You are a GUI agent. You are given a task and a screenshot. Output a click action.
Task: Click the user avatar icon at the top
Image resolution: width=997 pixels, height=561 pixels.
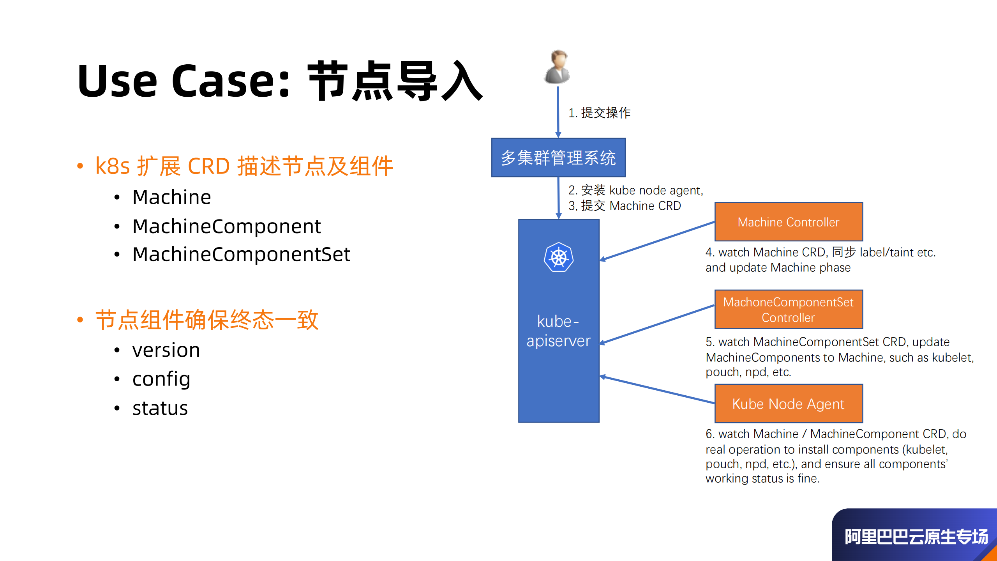[x=558, y=67]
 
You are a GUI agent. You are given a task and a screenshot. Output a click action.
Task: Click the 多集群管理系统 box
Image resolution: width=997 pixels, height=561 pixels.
[x=558, y=158]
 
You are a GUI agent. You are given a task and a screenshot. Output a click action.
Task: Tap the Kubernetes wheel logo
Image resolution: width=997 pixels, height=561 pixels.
[x=559, y=257]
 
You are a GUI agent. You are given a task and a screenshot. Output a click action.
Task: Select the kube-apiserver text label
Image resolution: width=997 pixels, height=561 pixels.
[x=558, y=331]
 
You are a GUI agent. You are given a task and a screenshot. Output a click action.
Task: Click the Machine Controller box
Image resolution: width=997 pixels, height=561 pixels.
[x=789, y=222]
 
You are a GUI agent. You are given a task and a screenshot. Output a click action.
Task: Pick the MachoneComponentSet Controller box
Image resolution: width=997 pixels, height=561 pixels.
[x=789, y=310]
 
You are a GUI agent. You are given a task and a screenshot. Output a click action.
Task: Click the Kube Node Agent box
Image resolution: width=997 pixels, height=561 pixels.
[x=789, y=403]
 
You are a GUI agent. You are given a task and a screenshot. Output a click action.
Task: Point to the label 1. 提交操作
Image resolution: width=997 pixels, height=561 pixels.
[x=599, y=113]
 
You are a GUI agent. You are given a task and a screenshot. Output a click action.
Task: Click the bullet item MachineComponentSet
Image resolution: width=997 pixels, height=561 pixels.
[x=241, y=254]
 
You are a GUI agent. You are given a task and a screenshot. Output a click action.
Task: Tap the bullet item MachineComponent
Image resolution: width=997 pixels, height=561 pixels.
[x=226, y=226]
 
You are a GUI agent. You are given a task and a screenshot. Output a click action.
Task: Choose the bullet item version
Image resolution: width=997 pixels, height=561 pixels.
[x=166, y=350]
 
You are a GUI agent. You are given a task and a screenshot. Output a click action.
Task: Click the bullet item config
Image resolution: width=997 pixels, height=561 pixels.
[x=161, y=379]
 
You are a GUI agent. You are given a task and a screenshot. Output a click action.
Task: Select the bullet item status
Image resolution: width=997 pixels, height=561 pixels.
[x=160, y=408]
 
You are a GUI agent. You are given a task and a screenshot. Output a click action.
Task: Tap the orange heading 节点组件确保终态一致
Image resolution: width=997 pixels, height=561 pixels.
[x=207, y=320]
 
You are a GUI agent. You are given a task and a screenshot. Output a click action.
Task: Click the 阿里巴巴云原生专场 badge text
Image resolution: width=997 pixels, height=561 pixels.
[x=916, y=537]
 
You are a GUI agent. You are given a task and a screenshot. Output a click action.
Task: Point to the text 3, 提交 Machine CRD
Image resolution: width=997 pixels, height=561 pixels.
[x=625, y=205]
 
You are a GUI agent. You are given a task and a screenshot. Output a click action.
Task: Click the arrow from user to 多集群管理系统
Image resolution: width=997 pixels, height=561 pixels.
[x=558, y=111]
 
